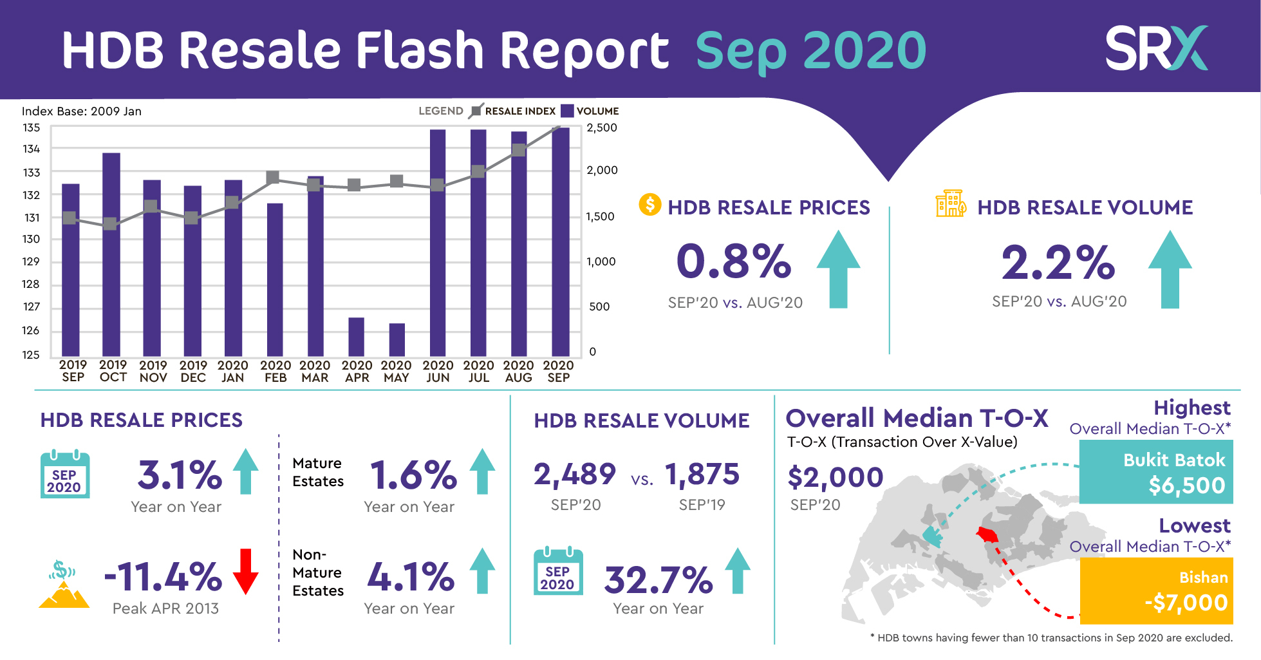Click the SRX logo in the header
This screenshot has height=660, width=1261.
point(1156,48)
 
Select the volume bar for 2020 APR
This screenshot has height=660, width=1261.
point(356,336)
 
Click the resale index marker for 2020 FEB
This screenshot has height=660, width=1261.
point(273,177)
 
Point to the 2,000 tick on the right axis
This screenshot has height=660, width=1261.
point(601,170)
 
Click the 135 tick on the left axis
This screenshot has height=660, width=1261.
point(31,127)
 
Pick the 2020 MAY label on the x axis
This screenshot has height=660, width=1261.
point(396,372)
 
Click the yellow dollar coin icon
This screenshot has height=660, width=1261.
point(649,205)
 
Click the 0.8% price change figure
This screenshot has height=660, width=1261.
point(733,261)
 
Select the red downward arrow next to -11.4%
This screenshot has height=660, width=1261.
point(245,571)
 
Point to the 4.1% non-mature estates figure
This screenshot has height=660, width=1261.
point(411,577)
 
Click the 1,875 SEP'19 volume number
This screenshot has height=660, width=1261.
point(702,475)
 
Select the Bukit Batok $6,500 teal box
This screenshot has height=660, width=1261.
point(1155,472)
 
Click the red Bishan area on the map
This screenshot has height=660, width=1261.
point(987,534)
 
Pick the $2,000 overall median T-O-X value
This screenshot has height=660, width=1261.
point(835,478)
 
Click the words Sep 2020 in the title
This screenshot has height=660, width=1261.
point(810,51)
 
